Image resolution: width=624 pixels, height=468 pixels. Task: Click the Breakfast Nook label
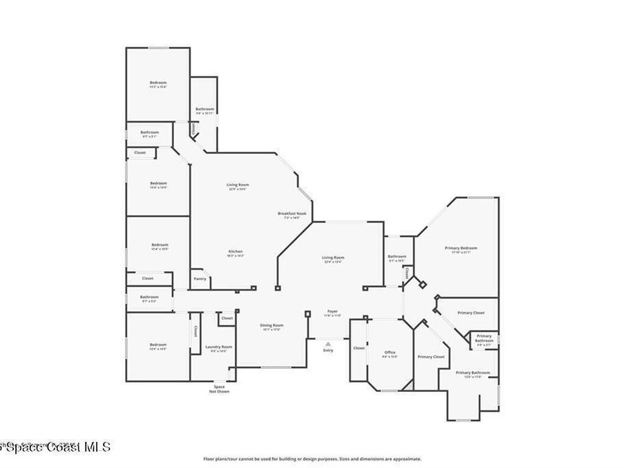tap(292, 213)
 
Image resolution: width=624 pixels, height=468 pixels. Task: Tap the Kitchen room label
tap(236, 252)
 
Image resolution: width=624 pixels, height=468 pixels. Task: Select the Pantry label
tap(200, 278)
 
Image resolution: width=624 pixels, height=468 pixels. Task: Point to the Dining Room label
tap(272, 325)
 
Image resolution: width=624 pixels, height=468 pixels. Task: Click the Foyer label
tap(332, 311)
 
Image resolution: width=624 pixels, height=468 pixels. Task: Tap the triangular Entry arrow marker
tap(328, 344)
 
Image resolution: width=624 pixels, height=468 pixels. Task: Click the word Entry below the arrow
tap(328, 350)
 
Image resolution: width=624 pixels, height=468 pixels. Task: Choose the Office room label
tap(390, 352)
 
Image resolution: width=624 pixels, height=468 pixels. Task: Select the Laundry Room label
tap(218, 347)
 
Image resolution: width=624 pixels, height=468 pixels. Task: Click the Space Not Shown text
tap(219, 389)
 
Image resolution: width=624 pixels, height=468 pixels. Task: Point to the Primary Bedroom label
tap(461, 248)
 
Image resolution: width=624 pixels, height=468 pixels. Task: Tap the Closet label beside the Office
tap(359, 348)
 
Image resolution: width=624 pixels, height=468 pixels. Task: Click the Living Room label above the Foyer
tap(333, 258)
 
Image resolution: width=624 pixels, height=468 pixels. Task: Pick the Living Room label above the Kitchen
tap(238, 185)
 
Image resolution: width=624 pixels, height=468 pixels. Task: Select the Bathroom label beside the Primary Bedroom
tap(397, 257)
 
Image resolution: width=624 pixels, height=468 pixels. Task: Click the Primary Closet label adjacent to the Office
tap(430, 356)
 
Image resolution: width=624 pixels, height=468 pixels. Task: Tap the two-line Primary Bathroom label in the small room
tap(484, 338)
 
